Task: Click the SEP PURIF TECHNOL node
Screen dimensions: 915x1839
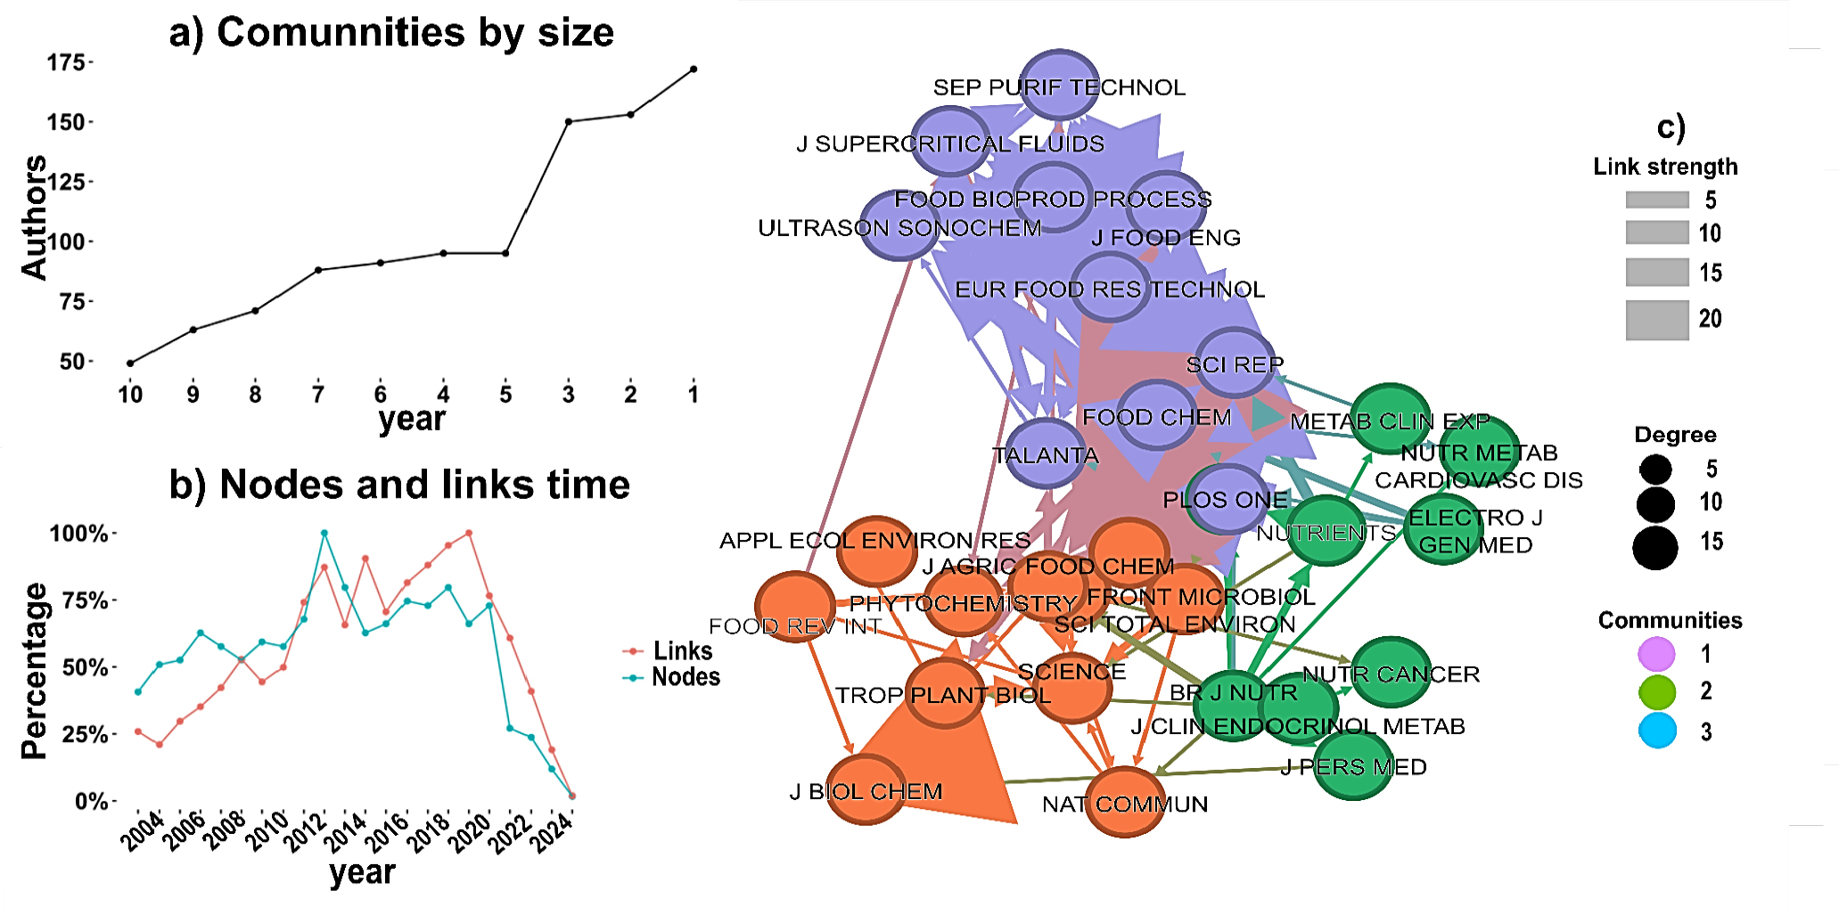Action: click(x=1059, y=85)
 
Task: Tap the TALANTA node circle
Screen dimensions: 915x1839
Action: click(x=1046, y=453)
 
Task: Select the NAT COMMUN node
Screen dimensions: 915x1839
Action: click(x=1126, y=802)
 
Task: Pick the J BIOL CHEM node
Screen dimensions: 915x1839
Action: click(x=866, y=790)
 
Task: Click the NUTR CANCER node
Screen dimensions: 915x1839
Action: click(x=1391, y=673)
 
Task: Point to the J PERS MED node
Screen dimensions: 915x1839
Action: click(x=1353, y=765)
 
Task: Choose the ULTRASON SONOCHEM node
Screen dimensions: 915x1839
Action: click(x=899, y=225)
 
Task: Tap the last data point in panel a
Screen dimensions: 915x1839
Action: click(x=694, y=69)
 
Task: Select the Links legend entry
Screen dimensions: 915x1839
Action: click(x=682, y=651)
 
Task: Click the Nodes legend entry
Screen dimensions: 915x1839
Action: click(x=685, y=677)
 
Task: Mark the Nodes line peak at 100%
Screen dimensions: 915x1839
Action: click(x=324, y=534)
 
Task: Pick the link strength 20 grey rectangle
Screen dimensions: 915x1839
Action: click(x=1656, y=320)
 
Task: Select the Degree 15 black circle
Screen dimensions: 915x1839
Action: click(x=1655, y=547)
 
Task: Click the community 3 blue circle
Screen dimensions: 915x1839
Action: click(x=1657, y=731)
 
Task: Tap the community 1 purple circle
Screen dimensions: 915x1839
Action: click(x=1656, y=654)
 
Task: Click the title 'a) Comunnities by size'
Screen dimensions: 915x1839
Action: click(x=391, y=33)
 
